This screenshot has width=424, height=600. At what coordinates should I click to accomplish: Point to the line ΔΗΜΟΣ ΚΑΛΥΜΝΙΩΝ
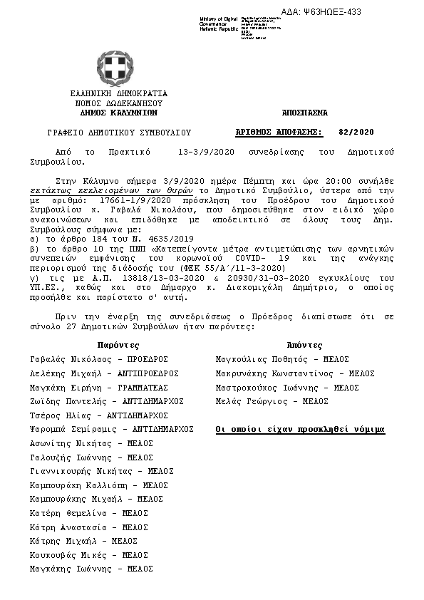pyautogui.click(x=118, y=112)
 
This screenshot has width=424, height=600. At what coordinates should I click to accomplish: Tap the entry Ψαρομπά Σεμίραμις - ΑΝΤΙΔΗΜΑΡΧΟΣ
pyautogui.click(x=113, y=430)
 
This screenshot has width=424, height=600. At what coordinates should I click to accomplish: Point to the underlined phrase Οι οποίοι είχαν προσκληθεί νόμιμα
pyautogui.click(x=300, y=430)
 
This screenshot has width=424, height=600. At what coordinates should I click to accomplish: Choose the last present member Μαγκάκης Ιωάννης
pyautogui.click(x=92, y=569)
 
